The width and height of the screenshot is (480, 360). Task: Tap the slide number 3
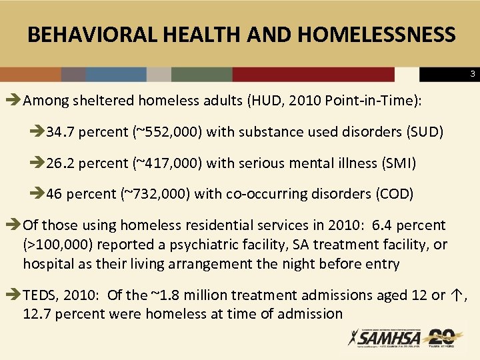[472, 73]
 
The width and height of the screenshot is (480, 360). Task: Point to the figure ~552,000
[177, 131]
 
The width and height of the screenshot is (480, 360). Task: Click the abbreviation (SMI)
[397, 163]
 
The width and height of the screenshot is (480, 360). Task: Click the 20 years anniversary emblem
[441, 337]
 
